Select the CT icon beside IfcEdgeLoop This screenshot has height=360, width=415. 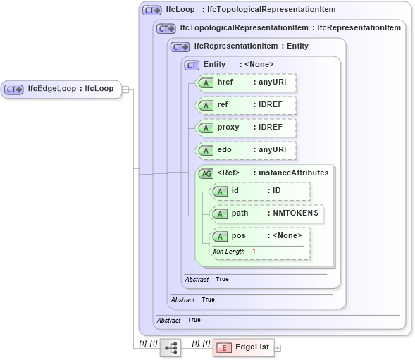coord(14,89)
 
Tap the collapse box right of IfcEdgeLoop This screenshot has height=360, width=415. coord(125,89)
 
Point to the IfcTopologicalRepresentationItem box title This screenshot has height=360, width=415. coord(244,28)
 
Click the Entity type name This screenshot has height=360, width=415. coord(214,65)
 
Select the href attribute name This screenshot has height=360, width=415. coord(225,83)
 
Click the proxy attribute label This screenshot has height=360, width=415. coord(228,128)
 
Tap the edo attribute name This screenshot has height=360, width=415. coord(224,150)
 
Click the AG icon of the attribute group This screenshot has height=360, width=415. coord(206,173)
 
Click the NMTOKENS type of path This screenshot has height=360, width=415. coord(292,213)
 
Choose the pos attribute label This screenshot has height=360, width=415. coord(238,236)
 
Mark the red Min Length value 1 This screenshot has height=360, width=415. coord(253,252)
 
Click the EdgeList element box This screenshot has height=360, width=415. coord(242,347)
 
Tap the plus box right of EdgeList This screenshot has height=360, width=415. coord(278,347)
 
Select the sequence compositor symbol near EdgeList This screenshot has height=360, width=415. coord(171,347)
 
